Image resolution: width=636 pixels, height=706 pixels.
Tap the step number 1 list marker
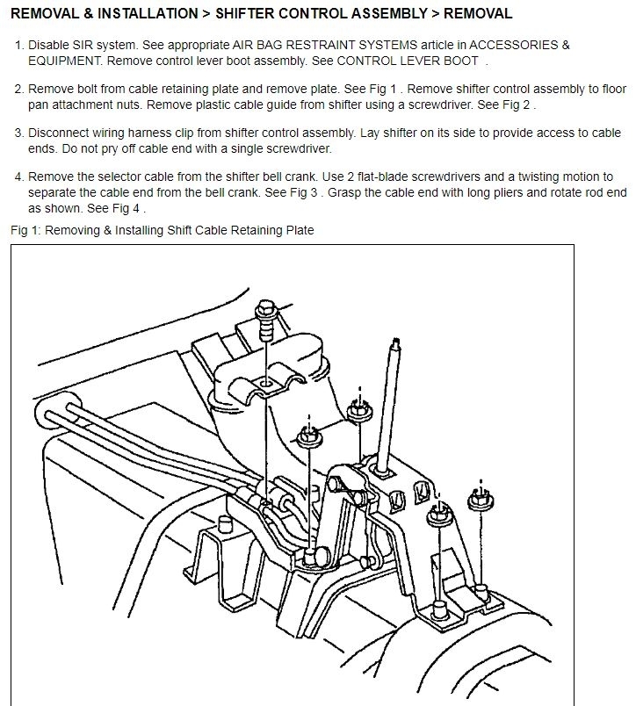pos(19,44)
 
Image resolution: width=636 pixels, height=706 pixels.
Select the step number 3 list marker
pos(19,133)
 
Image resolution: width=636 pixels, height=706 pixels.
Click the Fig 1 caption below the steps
pos(163,230)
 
